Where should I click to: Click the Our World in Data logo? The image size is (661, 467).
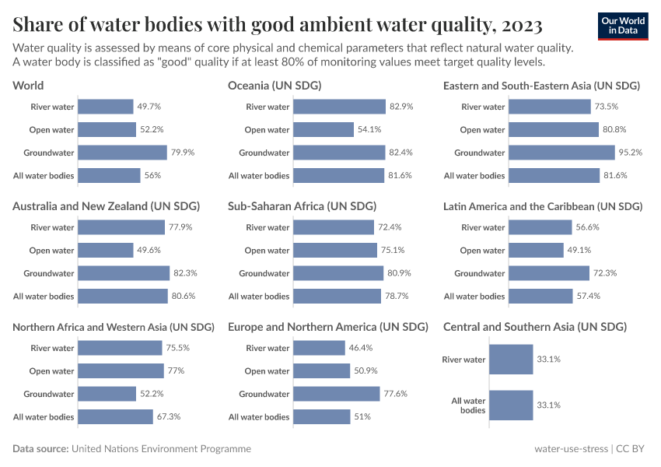coord(622,26)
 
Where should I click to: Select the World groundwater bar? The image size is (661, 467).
coord(123,153)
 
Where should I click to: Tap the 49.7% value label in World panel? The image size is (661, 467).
coord(149,107)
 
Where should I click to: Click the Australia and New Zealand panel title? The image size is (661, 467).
coord(107,206)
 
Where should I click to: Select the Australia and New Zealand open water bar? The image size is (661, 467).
coord(106,251)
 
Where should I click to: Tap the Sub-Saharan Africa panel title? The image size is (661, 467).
coord(302,206)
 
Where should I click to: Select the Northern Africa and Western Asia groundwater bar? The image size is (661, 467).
coord(107,394)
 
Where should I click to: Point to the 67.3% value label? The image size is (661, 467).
coord(169,417)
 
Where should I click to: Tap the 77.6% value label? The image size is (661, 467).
coord(395,394)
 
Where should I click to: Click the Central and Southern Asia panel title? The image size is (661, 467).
coord(535,327)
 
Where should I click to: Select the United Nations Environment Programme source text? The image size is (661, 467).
coord(161,449)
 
